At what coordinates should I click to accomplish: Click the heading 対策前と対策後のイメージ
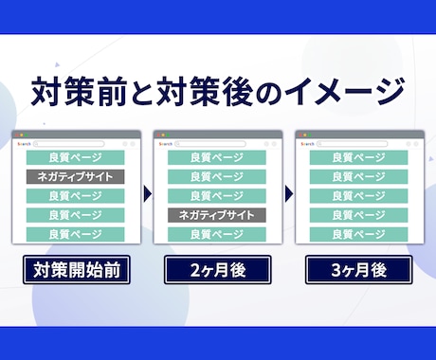pyautogui.click(x=218, y=95)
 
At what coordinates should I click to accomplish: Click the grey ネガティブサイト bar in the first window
pyautogui.click(x=74, y=176)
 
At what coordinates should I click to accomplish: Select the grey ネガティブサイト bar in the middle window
pyautogui.click(x=217, y=215)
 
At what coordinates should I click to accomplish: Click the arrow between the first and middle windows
pyautogui.click(x=148, y=194)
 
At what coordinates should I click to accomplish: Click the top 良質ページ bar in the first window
pyautogui.click(x=74, y=157)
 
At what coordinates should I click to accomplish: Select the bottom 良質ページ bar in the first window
pyautogui.click(x=74, y=234)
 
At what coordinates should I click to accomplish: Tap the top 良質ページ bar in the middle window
pyautogui.click(x=217, y=157)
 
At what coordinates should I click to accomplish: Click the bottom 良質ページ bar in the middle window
pyautogui.click(x=217, y=234)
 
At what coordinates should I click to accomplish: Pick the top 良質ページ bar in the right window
pyautogui.click(x=360, y=157)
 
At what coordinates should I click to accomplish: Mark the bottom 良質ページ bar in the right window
pyautogui.click(x=360, y=234)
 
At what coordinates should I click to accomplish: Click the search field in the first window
pyautogui.click(x=81, y=144)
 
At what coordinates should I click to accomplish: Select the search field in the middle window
pyautogui.click(x=224, y=144)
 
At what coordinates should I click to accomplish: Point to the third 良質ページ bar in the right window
pyautogui.click(x=360, y=196)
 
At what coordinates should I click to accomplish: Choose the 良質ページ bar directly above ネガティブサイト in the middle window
pyautogui.click(x=217, y=196)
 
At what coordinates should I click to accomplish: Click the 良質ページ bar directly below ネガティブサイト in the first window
pyautogui.click(x=74, y=196)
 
